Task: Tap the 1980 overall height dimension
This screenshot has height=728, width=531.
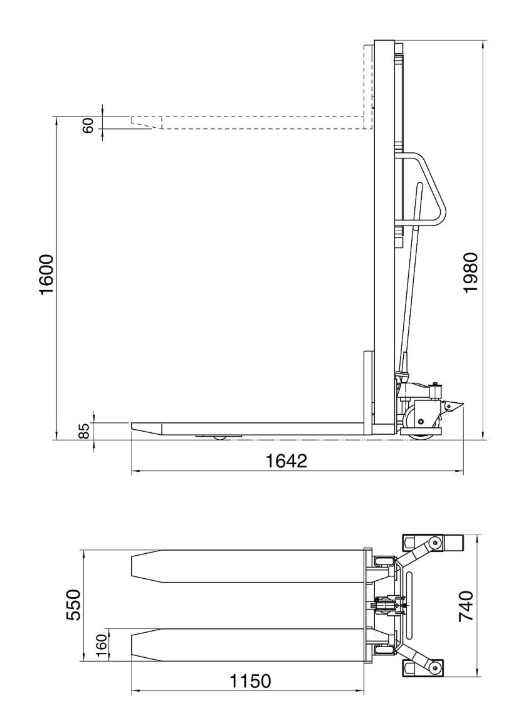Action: pyautogui.click(x=471, y=272)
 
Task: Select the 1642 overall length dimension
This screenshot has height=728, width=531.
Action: pyautogui.click(x=286, y=461)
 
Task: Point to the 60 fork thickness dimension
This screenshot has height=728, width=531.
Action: pyautogui.click(x=88, y=125)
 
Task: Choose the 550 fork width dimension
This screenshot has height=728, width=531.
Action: pyautogui.click(x=73, y=605)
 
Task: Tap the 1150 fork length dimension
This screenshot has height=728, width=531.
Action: pyautogui.click(x=250, y=681)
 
